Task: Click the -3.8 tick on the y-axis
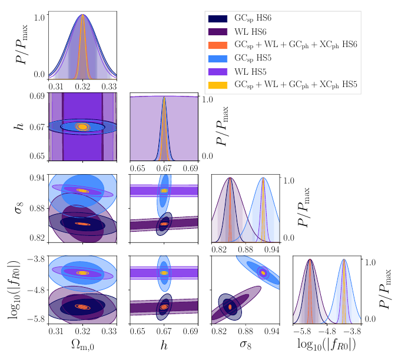point(35,259)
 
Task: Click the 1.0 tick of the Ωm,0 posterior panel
point(39,18)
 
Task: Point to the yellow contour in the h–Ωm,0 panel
point(82,126)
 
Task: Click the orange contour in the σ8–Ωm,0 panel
point(82,224)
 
